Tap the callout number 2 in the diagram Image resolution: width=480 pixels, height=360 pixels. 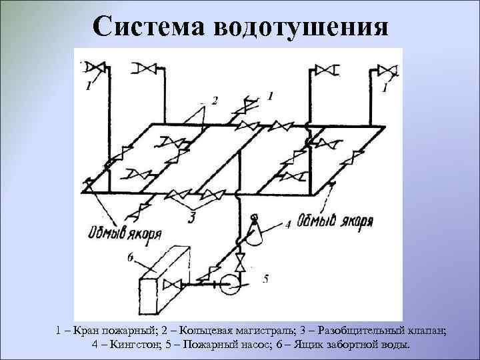[215, 101]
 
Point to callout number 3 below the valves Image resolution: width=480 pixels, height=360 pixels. [191, 217]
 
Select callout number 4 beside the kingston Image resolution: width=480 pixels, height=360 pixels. [288, 225]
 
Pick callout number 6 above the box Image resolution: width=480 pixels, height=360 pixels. [131, 256]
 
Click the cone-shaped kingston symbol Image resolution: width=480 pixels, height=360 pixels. [255, 230]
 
